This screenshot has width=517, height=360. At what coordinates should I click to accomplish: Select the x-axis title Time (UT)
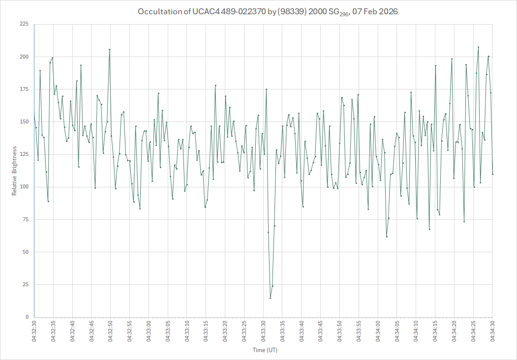click(x=265, y=350)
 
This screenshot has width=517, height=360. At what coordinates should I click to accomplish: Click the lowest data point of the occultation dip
click(x=270, y=298)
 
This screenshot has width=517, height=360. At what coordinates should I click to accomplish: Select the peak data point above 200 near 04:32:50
click(x=109, y=49)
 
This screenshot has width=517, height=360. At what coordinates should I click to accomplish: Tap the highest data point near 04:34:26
click(x=478, y=47)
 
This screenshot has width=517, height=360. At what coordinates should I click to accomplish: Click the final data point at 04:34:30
click(x=492, y=174)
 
